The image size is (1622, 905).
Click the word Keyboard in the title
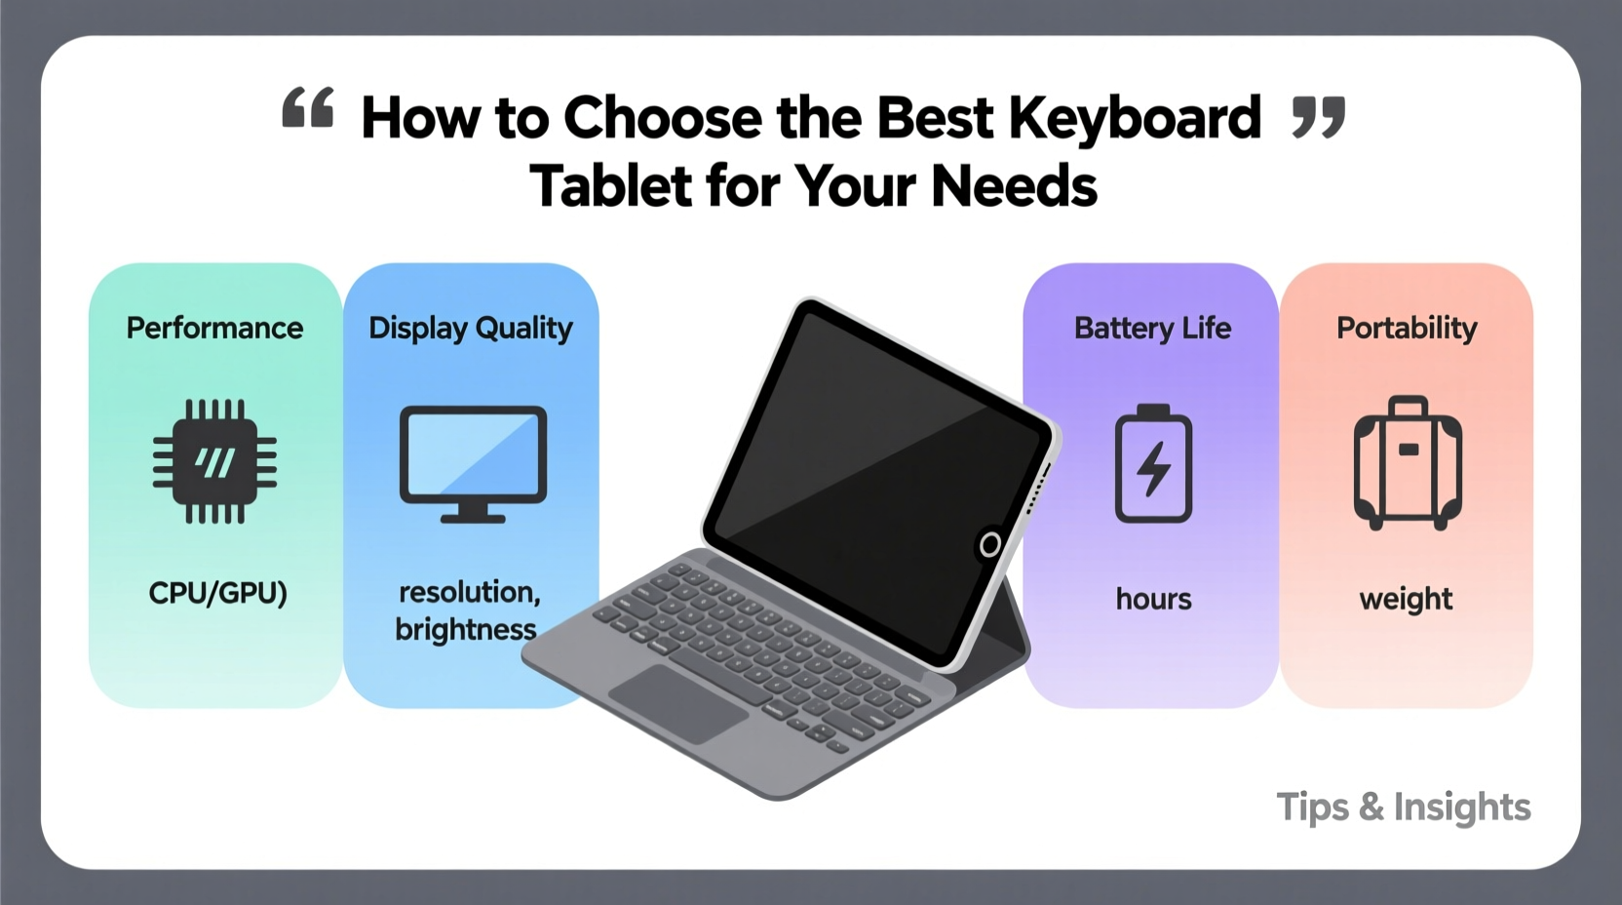point(1135,118)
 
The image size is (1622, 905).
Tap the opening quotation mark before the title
point(308,107)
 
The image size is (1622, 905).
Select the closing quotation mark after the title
point(1318,117)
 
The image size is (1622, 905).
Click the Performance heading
point(214,328)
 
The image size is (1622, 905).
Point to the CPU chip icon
point(214,461)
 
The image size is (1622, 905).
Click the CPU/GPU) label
point(217,593)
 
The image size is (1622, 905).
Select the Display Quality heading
point(471,329)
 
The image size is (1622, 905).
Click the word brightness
point(465,630)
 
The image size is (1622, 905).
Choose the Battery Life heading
point(1152,328)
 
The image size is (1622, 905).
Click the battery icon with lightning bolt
point(1153,465)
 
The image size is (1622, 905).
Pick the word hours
point(1153,599)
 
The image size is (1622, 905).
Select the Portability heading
point(1407,328)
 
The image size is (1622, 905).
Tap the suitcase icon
point(1408,463)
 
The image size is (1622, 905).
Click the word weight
point(1406,599)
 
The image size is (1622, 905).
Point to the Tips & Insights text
point(1404,807)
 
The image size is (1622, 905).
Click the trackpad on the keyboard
point(678,702)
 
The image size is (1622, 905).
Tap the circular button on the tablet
point(989,544)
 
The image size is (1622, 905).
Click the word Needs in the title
point(1014,186)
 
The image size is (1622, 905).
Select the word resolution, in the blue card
point(469,592)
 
